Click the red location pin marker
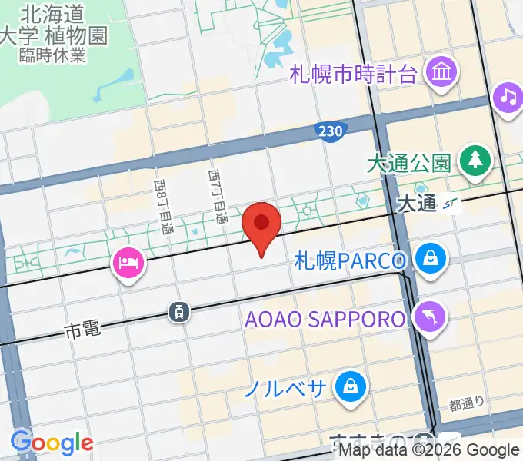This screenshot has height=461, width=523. pos(262,225)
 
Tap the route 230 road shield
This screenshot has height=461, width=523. pos(328,132)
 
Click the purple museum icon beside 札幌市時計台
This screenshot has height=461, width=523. pos(444,74)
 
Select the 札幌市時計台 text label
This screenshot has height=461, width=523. pos(353,75)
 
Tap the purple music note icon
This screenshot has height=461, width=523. pos(508,98)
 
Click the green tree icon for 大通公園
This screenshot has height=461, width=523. pos(475,161)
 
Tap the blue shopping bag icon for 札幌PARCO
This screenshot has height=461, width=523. pos(429,259)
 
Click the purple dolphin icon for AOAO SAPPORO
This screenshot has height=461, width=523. pos(428,317)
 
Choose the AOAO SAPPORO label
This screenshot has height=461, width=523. pos(325,318)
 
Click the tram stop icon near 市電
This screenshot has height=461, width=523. pos(178,311)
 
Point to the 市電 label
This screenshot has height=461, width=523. pos(83,331)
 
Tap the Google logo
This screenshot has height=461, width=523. pos(52,442)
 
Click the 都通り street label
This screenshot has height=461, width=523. pos(467,402)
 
